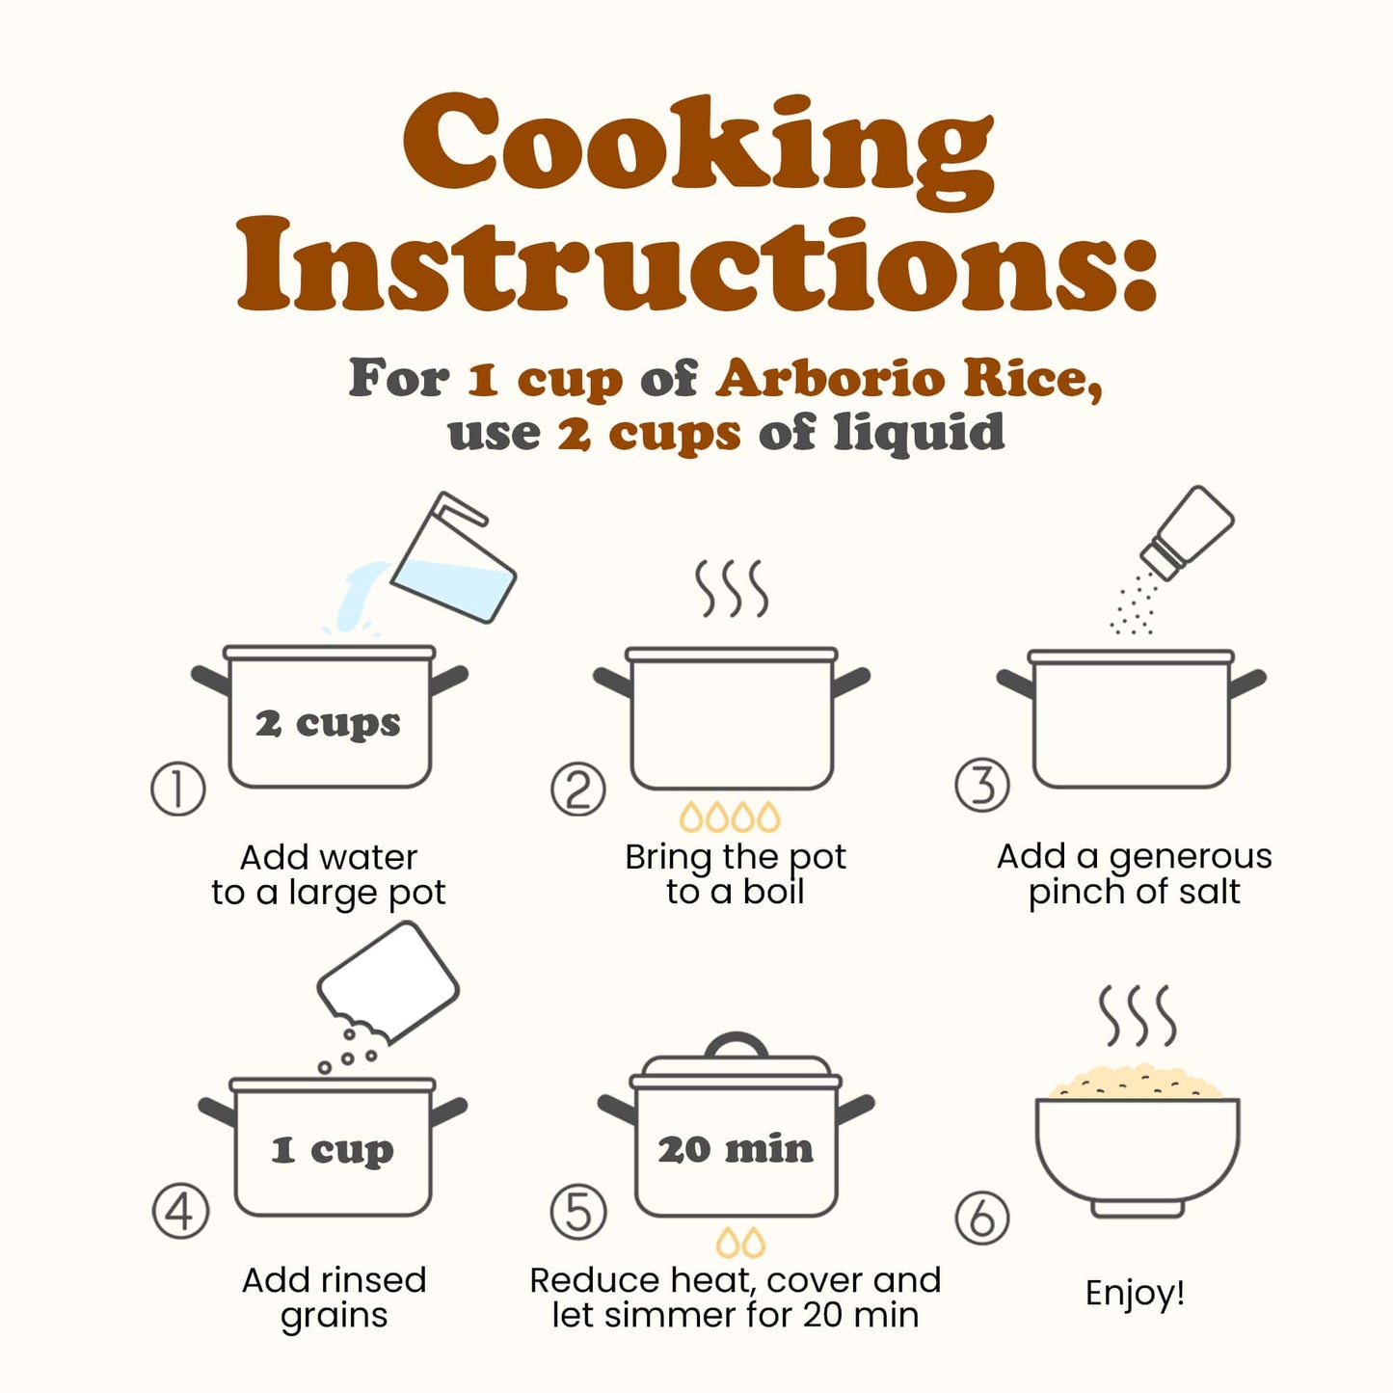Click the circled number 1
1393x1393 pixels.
coord(177,789)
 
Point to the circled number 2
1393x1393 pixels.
coord(578,789)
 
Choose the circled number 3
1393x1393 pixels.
coord(981,785)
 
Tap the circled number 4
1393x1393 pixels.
coord(180,1211)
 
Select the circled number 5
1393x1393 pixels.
coord(578,1213)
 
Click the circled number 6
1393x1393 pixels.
coord(981,1219)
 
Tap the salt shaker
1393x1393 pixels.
coord(1187,532)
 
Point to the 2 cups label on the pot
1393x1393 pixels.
coord(328,724)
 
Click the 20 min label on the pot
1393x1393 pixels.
coord(736,1149)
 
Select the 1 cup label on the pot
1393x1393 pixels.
coord(333,1150)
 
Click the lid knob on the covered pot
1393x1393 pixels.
coord(736,1045)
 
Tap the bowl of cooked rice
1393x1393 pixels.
coord(1138,1141)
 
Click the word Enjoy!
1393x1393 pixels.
coord(1135,1294)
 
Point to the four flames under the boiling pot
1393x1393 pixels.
coord(730,817)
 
